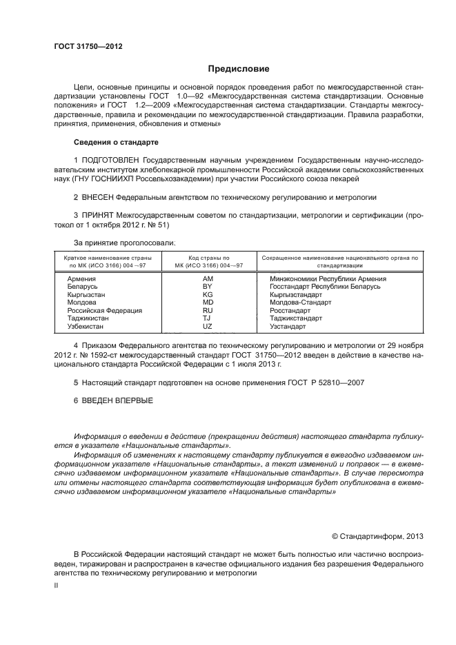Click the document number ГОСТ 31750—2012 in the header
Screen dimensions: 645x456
click(x=88, y=47)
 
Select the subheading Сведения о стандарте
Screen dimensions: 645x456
click(x=116, y=142)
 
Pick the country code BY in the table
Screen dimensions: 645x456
click(x=207, y=286)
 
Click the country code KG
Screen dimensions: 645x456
click(x=207, y=294)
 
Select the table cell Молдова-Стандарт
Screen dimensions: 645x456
click(x=300, y=303)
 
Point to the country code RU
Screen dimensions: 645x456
click(x=207, y=310)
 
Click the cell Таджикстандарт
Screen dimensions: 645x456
click(x=296, y=318)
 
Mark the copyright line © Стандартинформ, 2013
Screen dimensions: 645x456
click(x=377, y=536)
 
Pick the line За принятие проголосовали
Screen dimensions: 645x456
click(x=124, y=242)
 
